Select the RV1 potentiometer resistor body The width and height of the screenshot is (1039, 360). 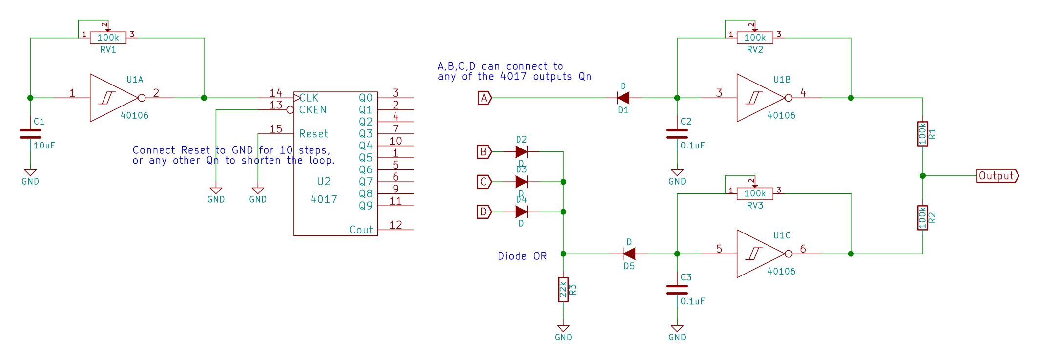click(x=108, y=38)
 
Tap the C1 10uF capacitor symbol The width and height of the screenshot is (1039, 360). click(x=30, y=134)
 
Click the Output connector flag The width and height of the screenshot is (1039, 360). click(x=997, y=176)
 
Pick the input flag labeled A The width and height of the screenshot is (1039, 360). click(x=484, y=98)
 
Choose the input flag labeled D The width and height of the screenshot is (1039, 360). click(x=484, y=212)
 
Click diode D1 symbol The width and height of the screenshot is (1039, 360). click(x=623, y=98)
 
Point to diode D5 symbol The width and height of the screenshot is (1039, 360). click(x=629, y=254)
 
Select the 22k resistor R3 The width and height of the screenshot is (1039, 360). click(x=563, y=290)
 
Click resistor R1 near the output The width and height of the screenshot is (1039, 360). click(x=922, y=134)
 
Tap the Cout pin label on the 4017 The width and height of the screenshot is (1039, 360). click(x=361, y=230)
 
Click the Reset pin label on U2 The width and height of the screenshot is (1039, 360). click(x=313, y=134)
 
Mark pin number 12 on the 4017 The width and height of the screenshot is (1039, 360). click(x=395, y=225)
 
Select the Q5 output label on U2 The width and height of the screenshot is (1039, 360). click(x=366, y=158)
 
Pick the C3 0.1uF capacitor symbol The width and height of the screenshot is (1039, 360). click(x=677, y=290)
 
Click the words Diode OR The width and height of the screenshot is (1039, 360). click(x=522, y=256)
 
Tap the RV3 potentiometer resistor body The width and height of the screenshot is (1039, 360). click(x=755, y=193)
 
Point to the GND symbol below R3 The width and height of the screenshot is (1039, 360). click(x=563, y=330)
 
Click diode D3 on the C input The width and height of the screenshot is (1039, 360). click(x=521, y=182)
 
